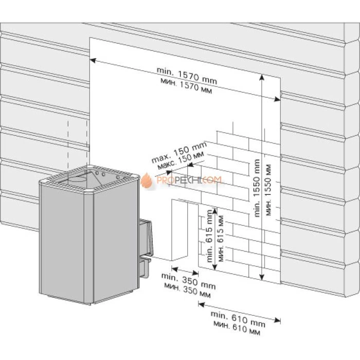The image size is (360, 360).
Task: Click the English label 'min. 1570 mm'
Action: (x=187, y=76)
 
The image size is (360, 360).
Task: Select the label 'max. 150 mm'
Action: (x=179, y=152)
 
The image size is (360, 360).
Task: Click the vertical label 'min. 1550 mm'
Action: (x=257, y=188)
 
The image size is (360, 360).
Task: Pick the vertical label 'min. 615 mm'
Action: (x=209, y=236)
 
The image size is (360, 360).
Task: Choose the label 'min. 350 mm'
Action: (x=189, y=281)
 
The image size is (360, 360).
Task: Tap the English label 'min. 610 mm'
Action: (x=238, y=319)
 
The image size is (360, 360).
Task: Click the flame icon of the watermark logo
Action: (x=147, y=181)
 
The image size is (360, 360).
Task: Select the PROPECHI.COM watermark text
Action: (x=189, y=180)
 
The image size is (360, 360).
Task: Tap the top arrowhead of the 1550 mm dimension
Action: (x=262, y=77)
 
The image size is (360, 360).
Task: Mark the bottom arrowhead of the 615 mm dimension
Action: (x=214, y=267)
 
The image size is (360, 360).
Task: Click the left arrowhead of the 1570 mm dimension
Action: (x=93, y=60)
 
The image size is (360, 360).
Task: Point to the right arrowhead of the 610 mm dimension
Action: (x=278, y=320)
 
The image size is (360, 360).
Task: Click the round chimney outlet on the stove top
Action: (x=78, y=179)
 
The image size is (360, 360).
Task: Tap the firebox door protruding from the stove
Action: (x=145, y=237)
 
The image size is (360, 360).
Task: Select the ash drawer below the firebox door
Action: (x=145, y=266)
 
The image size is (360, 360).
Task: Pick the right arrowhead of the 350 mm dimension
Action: (x=196, y=273)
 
